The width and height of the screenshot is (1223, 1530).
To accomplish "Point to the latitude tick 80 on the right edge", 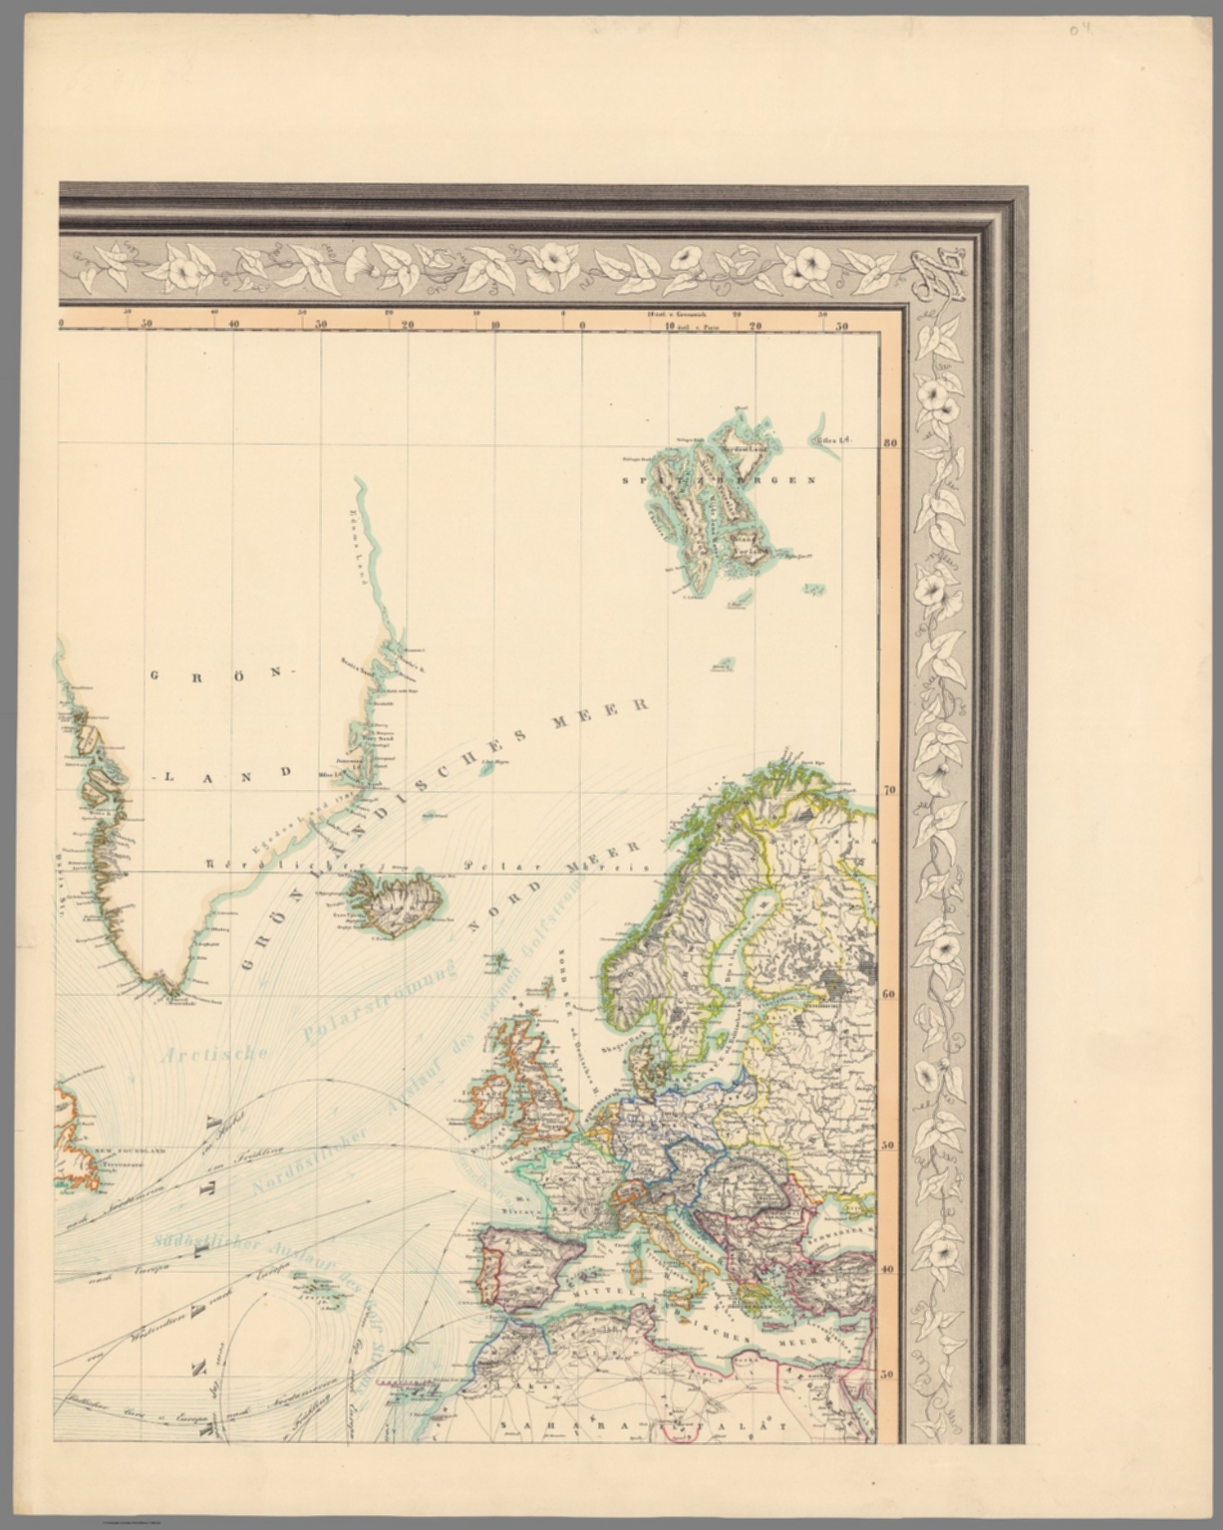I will pos(890,444).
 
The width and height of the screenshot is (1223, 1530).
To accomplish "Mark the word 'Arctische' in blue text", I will pos(215,1056).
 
